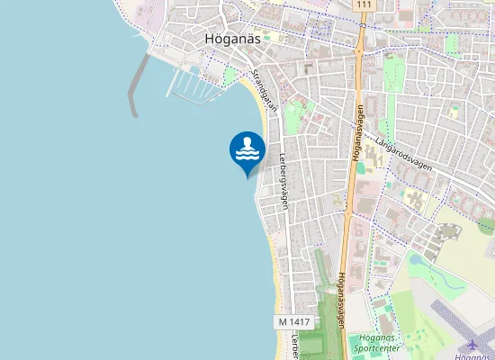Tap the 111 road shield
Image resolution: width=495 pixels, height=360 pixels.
pos(362,5)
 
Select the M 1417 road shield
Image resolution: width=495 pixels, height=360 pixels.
pos(293,321)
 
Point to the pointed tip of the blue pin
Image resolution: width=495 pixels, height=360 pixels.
pos(247,176)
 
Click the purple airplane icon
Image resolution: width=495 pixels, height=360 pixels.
pos(473,346)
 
